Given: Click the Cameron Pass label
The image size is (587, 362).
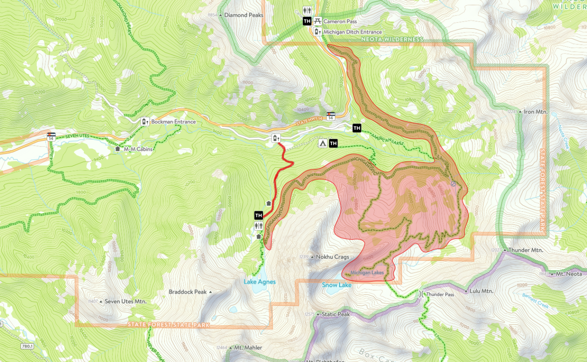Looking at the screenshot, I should tap(340, 22).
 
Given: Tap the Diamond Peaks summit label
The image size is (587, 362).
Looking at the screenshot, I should tap(243, 15).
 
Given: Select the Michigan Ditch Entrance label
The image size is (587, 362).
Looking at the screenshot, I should tap(352, 32).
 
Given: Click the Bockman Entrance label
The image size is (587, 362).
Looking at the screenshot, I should tap(173, 122).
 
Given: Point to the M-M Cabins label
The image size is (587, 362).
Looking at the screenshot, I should tap(138, 149).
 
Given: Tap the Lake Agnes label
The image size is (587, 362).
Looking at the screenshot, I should tap(260, 282).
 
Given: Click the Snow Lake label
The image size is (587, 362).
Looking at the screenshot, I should tap(337, 285).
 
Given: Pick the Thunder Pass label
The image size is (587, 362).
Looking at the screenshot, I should tap(440, 294).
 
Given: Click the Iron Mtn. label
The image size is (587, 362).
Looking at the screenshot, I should tap(536, 111).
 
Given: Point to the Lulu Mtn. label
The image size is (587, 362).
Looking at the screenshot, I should tap(481, 291).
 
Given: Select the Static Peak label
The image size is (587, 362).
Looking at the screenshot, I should tap(336, 314).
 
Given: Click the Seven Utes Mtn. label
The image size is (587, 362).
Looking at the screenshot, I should tap(125, 302).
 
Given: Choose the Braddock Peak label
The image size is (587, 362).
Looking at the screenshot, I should tap(188, 292).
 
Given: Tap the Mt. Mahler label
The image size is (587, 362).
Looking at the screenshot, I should tap(248, 348).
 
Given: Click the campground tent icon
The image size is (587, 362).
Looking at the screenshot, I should tap(322, 144).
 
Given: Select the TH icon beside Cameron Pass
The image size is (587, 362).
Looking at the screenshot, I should tap(307, 21).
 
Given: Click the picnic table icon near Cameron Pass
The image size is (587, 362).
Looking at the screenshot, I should tap(317, 21).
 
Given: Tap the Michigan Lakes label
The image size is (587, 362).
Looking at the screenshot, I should tap(367, 273).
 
